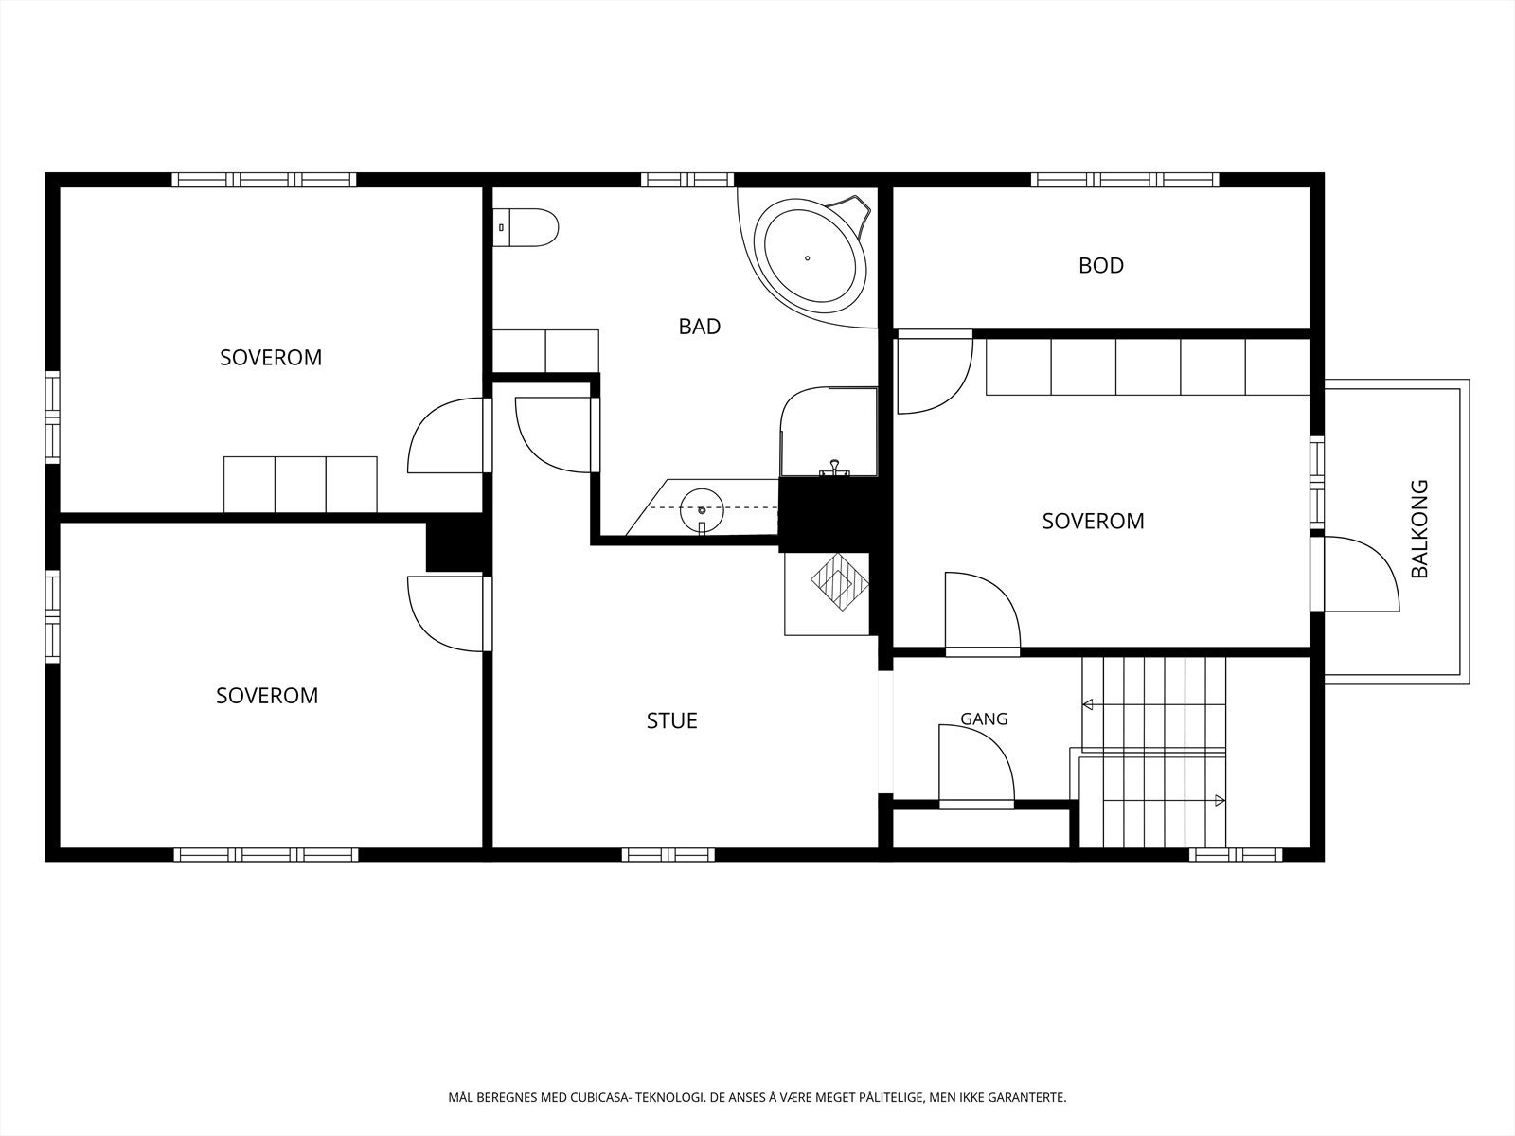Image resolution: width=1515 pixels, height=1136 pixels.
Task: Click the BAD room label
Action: [699, 327]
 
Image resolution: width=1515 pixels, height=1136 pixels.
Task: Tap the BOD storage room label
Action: [1101, 266]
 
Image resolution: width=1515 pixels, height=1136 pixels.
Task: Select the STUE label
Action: [671, 720]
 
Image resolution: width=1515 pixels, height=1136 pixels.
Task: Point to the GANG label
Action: [984, 719]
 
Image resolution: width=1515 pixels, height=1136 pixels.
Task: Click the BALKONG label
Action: [1419, 529]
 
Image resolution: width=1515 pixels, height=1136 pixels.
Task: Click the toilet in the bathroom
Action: [526, 227]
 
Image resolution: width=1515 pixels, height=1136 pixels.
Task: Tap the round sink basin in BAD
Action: [702, 510]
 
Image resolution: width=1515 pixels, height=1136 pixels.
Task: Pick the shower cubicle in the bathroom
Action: [829, 432]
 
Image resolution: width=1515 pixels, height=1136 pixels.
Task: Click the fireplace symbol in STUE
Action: [839, 581]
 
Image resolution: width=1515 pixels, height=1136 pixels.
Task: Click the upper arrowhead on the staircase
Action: [1087, 704]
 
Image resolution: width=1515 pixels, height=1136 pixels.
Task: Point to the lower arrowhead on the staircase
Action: [1220, 801]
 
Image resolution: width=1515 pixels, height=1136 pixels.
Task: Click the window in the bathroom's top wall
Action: [686, 180]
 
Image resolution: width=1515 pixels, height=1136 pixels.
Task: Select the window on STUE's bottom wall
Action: [668, 855]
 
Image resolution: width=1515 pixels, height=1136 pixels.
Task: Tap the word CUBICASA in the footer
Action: [598, 1097]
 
